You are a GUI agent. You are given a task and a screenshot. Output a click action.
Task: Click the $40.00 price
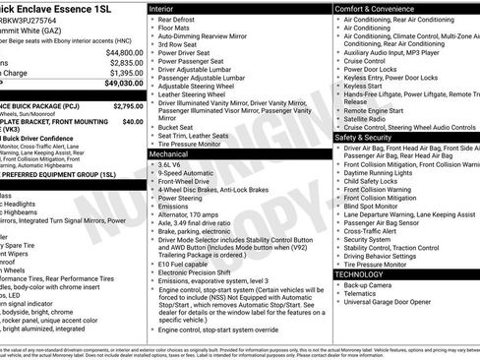pyautogui.click(x=132, y=121)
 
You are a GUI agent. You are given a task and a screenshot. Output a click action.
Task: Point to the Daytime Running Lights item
pyautogui.click(x=379, y=172)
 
